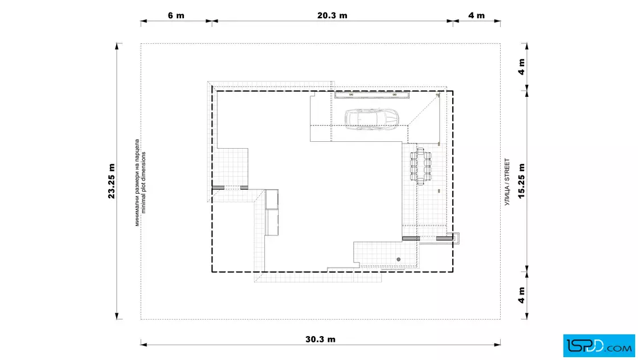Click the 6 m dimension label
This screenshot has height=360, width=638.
coord(176,15)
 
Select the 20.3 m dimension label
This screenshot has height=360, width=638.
coord(332,15)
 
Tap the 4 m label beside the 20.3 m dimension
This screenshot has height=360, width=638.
coord(476,15)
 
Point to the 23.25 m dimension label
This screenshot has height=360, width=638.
coord(112,181)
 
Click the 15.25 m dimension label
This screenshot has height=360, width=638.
coord(521,181)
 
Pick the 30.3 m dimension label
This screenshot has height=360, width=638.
coord(320,339)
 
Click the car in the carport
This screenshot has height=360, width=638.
coord(371,118)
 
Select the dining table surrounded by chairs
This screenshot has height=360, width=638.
coord(420,167)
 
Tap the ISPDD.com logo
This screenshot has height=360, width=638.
coord(599,346)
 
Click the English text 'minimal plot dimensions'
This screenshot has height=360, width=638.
coord(144,183)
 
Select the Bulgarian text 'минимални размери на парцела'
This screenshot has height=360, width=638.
coord(137,183)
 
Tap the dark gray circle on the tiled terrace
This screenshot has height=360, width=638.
coord(399,259)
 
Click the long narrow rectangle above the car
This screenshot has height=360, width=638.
coord(372,95)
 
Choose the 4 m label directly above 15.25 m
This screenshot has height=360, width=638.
coord(521,67)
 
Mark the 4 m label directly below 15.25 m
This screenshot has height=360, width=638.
coord(521,295)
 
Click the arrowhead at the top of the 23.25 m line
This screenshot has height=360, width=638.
coord(117,46)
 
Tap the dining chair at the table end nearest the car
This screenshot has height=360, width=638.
coord(420,150)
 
